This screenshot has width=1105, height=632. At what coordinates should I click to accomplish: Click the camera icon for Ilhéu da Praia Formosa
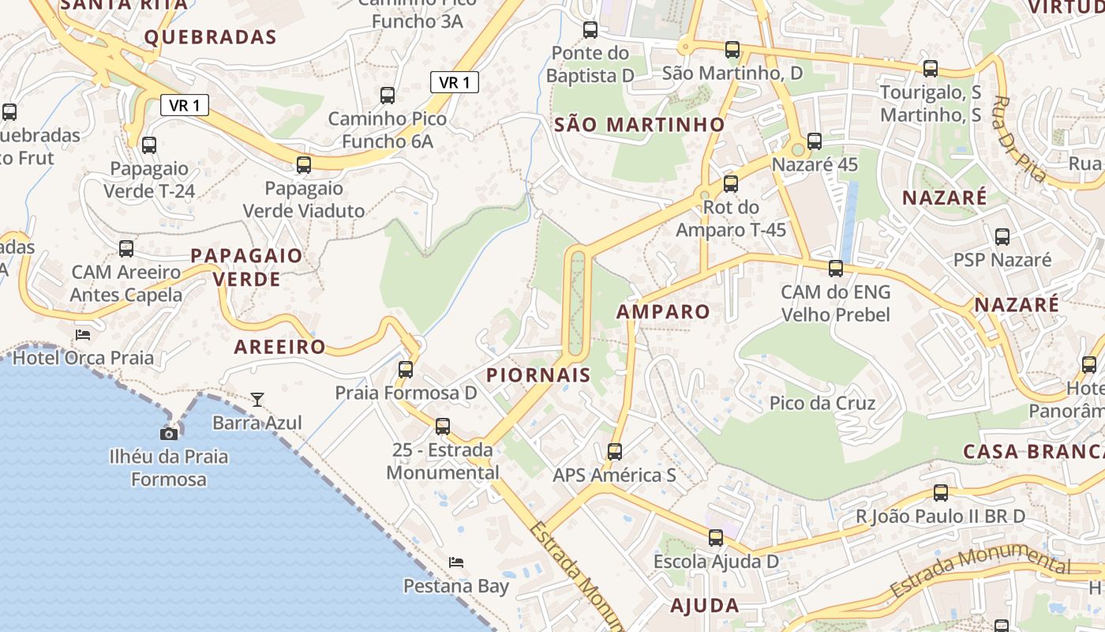click(x=169, y=434)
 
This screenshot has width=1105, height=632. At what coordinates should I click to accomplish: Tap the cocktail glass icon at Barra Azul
click(x=257, y=399)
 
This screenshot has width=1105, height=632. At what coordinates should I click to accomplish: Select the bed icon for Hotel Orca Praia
click(x=83, y=334)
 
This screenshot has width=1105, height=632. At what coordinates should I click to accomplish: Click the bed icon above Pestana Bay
click(x=456, y=562)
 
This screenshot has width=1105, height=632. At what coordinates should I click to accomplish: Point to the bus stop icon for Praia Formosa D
click(x=406, y=369)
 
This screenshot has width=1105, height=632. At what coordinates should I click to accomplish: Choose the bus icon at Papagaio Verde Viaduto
click(x=304, y=165)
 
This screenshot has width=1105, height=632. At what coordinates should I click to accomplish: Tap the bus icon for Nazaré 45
click(x=815, y=141)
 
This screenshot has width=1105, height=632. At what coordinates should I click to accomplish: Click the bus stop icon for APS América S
click(x=615, y=452)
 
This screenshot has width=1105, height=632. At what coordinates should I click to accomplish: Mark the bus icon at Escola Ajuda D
click(x=716, y=538)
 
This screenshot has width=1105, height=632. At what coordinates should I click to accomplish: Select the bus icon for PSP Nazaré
click(x=1002, y=236)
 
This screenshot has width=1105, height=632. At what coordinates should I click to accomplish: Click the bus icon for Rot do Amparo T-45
click(x=731, y=184)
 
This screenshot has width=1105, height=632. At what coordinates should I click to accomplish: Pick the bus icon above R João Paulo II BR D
click(x=941, y=493)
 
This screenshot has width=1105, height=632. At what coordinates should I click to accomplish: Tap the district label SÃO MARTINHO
click(x=639, y=124)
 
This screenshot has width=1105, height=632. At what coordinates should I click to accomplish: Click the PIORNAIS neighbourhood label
click(x=538, y=375)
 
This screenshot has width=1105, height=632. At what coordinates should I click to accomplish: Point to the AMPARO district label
click(x=663, y=311)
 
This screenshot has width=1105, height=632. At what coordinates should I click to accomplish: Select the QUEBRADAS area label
click(x=210, y=37)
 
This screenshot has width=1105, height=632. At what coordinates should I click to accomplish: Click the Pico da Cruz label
click(x=822, y=404)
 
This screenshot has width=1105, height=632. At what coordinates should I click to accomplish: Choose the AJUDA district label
click(x=705, y=606)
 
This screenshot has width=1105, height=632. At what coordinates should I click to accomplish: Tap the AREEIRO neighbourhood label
click(x=279, y=347)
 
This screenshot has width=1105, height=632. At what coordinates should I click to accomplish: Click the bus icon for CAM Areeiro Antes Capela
click(x=126, y=249)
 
